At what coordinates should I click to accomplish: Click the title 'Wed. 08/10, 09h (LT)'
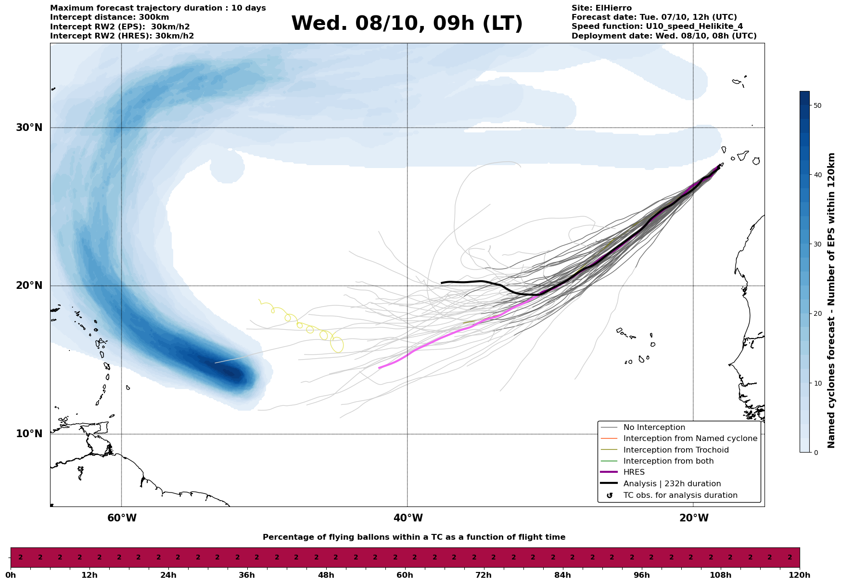click(407, 24)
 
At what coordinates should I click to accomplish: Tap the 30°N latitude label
click(29, 128)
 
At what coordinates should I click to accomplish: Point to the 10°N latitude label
click(29, 434)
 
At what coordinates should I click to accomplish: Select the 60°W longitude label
click(122, 518)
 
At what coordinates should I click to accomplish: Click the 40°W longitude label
click(408, 518)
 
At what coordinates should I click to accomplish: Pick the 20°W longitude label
click(694, 518)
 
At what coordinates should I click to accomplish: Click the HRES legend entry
click(634, 472)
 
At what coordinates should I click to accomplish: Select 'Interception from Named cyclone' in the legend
click(690, 439)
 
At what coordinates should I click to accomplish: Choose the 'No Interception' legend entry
click(654, 428)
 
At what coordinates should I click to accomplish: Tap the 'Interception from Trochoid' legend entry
click(675, 450)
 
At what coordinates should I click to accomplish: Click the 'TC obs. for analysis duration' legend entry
click(680, 495)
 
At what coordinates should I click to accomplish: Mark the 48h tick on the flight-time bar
click(326, 575)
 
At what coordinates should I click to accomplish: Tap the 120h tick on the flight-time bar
click(800, 575)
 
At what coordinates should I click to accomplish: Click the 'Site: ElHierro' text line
click(601, 8)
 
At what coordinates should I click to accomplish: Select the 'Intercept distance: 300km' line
click(109, 17)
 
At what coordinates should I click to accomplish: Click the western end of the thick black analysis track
click(442, 283)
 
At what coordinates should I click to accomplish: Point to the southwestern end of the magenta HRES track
click(379, 368)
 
